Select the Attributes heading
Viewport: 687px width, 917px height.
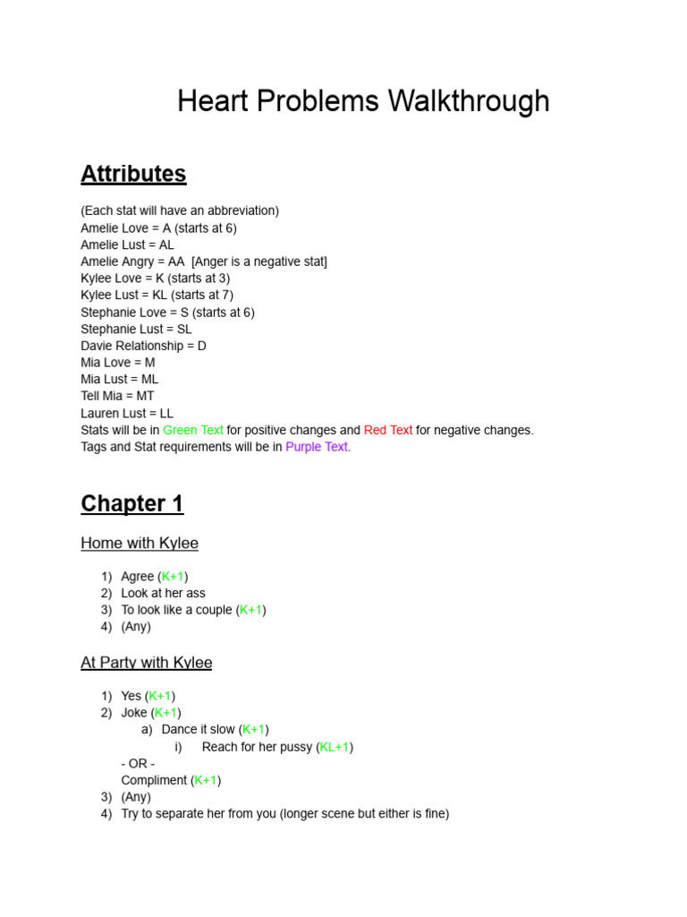(x=133, y=174)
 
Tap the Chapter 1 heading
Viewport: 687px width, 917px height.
(x=131, y=504)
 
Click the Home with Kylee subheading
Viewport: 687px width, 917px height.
(x=140, y=544)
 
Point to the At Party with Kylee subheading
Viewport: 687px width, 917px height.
(x=147, y=663)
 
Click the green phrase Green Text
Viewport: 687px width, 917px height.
(x=193, y=430)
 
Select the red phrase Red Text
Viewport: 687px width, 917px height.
(x=388, y=430)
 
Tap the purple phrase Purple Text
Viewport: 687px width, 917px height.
(x=317, y=447)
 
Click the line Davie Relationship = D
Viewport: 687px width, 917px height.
(x=143, y=346)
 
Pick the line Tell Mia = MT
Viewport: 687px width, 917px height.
(x=117, y=396)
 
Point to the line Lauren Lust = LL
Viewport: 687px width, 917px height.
(x=127, y=413)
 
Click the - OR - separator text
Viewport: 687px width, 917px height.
(x=138, y=763)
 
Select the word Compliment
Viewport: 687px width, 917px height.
(x=154, y=780)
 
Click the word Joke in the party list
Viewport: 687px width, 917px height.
(x=134, y=713)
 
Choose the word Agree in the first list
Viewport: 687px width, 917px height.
(x=138, y=577)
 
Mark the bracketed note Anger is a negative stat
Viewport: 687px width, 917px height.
(x=259, y=261)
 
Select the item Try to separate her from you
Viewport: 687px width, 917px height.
(x=211, y=814)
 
